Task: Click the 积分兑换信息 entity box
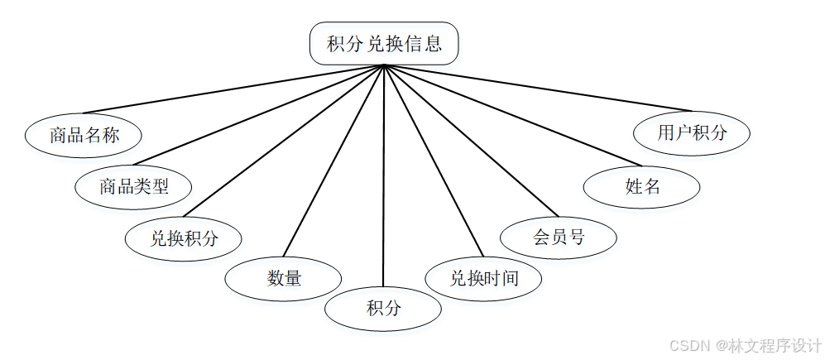384,44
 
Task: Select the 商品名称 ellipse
84,136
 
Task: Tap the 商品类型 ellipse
133,186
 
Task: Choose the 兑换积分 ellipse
184,239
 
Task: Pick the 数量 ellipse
284,278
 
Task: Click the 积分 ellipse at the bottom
383,310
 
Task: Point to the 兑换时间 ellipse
483,278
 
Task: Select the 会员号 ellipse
559,238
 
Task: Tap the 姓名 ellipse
642,186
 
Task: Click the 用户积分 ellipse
692,132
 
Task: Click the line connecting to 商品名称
232,89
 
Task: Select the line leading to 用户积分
538,88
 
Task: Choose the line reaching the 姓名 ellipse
513,115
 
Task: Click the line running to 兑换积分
284,141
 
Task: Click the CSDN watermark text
745,344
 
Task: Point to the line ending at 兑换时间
433,161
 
